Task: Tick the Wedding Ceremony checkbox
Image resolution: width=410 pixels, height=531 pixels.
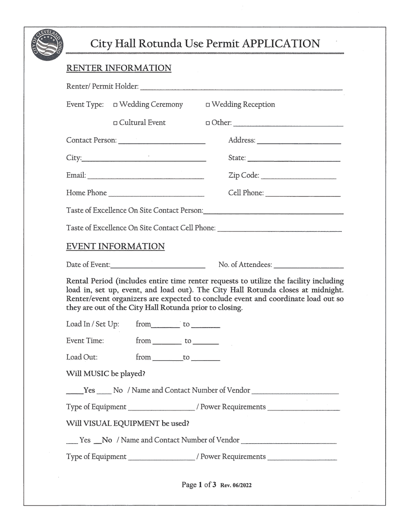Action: [116, 105]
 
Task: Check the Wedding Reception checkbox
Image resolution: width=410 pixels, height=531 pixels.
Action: [208, 105]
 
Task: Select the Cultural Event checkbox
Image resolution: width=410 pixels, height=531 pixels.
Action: [116, 123]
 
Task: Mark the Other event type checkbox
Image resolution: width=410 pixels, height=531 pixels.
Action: [208, 123]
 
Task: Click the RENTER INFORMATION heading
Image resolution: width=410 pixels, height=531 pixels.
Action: [119, 68]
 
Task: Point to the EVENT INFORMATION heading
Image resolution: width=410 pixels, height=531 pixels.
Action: [115, 247]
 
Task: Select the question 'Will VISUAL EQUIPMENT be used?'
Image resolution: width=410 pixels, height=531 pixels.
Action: [127, 424]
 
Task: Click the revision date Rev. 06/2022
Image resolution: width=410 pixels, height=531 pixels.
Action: [236, 485]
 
